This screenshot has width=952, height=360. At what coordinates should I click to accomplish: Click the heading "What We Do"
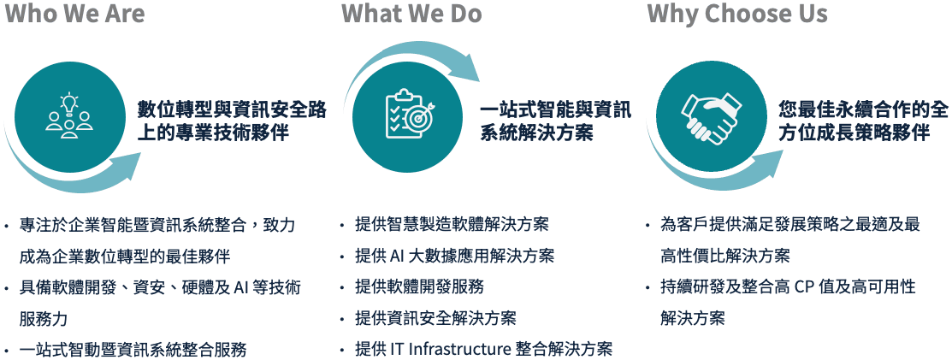click(411, 14)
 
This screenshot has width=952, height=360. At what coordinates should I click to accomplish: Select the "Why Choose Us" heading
click(737, 14)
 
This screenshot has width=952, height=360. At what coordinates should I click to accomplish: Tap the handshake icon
click(709, 119)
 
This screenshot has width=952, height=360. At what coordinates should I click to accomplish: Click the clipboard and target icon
click(409, 118)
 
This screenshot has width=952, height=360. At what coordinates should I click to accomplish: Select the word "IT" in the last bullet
click(398, 349)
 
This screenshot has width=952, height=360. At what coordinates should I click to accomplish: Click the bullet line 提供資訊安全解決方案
click(435, 318)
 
